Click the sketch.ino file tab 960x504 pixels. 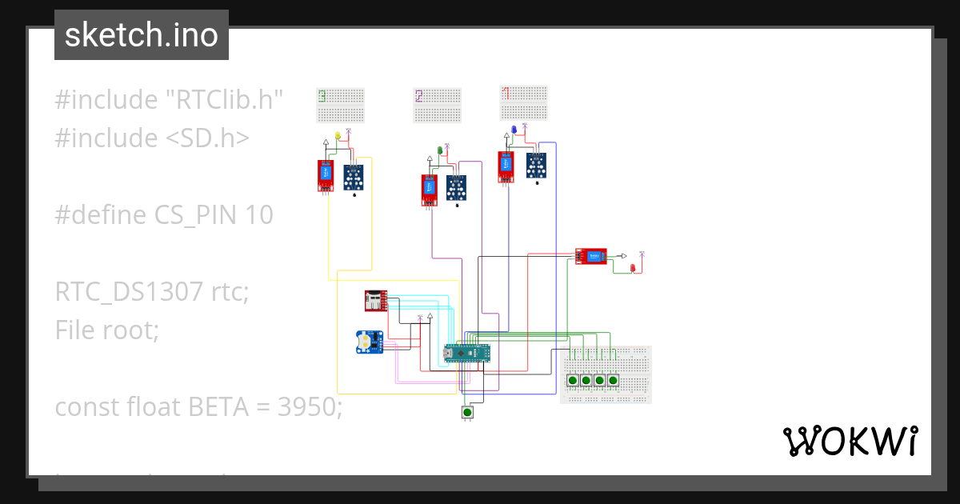[141, 35]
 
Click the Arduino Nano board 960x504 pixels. [466, 354]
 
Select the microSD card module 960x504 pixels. [375, 301]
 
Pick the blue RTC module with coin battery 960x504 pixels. [370, 342]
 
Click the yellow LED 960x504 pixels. [338, 135]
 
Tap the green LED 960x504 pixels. [440, 150]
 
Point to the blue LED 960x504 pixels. [514, 130]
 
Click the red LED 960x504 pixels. [633, 268]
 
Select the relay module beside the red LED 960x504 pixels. [591, 256]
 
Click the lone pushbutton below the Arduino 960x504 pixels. [467, 412]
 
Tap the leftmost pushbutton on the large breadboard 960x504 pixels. [573, 380]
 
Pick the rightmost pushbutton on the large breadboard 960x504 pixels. [613, 380]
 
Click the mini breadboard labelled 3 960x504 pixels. [341, 106]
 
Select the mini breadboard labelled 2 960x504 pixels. [438, 106]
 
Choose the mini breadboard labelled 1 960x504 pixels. [524, 102]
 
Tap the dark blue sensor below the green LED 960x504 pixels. [456, 190]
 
